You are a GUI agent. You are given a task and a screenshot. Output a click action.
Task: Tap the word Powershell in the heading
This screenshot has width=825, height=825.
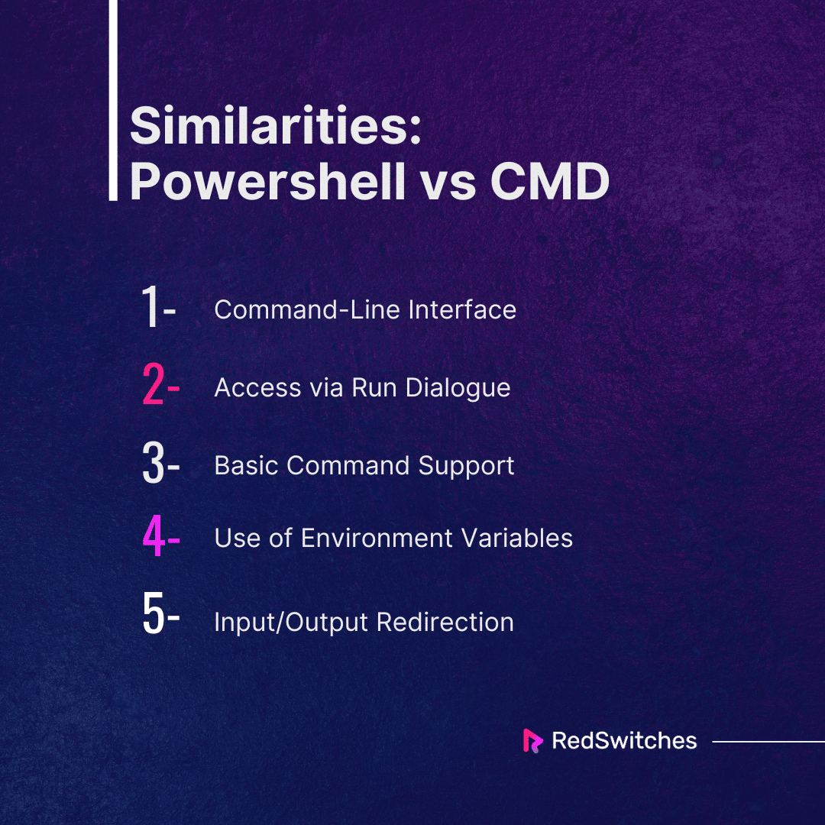[268, 182]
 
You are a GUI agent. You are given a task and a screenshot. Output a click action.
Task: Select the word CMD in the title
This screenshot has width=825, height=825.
[550, 182]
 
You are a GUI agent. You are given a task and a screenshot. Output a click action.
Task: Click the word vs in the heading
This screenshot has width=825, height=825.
[448, 186]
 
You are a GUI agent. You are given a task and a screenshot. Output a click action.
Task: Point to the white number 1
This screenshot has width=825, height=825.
[150, 306]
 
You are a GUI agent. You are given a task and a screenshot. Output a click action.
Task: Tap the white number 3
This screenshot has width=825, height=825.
[154, 462]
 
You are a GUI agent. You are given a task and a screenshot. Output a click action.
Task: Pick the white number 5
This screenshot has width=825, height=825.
[154, 613]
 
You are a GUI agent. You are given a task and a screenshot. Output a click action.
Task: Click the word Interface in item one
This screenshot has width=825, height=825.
[462, 309]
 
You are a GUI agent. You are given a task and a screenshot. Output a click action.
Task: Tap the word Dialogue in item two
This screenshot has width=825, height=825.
[458, 389]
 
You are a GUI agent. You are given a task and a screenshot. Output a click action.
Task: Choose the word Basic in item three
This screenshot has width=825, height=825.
[246, 466]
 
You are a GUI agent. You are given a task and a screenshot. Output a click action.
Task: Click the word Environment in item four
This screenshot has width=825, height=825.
[377, 539]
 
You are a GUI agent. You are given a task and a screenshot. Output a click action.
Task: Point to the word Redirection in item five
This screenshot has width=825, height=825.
[445, 622]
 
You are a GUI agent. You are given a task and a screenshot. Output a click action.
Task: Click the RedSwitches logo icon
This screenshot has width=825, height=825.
[532, 741]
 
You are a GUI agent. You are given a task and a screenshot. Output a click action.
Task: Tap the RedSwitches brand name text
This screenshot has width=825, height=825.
[625, 741]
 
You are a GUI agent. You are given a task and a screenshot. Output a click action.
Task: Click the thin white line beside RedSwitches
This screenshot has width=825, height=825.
[768, 741]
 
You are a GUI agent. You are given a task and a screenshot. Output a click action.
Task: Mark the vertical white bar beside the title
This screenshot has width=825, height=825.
[113, 100]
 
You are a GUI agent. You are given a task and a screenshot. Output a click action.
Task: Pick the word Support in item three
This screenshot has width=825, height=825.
[466, 467]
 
